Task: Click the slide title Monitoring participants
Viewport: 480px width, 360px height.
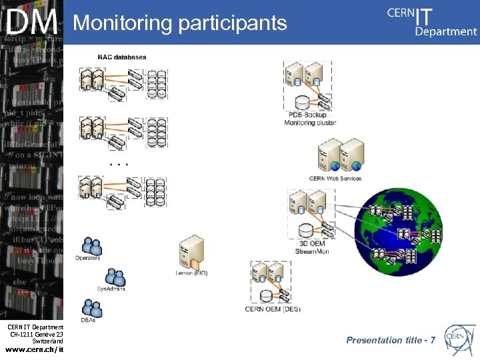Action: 180,23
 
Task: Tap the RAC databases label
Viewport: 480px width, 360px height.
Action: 122,57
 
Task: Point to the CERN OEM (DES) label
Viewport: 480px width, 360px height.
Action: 273,309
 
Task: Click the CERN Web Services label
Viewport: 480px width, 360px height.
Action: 335,178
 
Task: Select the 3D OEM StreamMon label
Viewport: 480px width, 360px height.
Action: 311,248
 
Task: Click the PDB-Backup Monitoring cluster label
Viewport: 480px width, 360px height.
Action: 310,119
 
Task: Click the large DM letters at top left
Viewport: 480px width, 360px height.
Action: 31,23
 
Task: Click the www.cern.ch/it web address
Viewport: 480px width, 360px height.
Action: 34,349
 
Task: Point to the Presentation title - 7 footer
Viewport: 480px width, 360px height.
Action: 391,340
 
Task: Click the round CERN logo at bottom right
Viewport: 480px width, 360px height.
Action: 459,338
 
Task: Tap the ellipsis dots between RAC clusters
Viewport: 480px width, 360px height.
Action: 118,163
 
